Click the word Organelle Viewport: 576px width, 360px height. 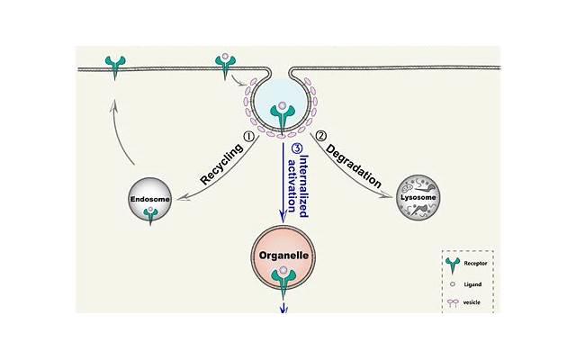[284, 256]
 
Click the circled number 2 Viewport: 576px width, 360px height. [320, 137]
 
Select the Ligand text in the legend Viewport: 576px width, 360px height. [473, 283]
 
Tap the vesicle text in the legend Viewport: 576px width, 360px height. [473, 302]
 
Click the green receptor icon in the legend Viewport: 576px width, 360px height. [452, 265]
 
